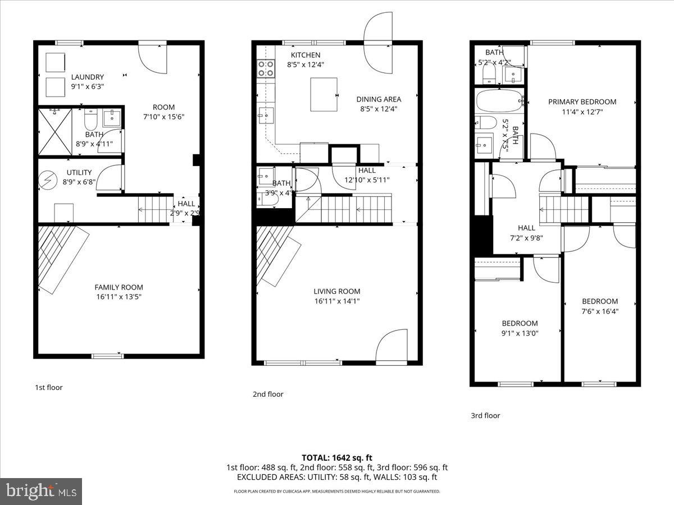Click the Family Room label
119,287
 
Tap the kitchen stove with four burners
265,68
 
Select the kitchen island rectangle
324,94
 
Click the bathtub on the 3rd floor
499,102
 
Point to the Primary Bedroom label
582,102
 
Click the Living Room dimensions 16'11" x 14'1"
336,301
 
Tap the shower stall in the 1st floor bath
54,131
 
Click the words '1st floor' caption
49,387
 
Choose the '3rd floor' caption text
485,416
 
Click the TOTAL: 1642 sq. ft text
336,457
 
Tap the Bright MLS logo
41,492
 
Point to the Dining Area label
379,99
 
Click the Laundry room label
87,77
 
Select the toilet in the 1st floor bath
91,120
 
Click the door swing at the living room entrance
389,347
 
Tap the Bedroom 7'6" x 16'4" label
599,301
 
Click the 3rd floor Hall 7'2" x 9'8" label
526,228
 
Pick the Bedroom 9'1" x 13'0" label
519,323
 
